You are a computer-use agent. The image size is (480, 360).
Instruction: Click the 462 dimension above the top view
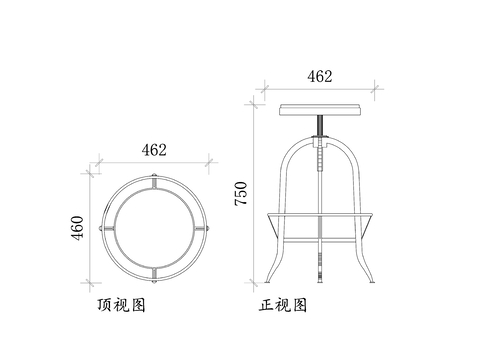(x=153, y=150)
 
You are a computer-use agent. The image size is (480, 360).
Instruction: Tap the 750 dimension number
(x=240, y=194)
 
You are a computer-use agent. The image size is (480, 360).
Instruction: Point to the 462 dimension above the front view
(x=319, y=76)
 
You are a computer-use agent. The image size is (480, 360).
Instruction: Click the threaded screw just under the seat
(x=319, y=124)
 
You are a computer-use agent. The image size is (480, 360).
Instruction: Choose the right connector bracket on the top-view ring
(x=206, y=228)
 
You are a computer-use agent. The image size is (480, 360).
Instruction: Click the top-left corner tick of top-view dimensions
(x=98, y=160)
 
